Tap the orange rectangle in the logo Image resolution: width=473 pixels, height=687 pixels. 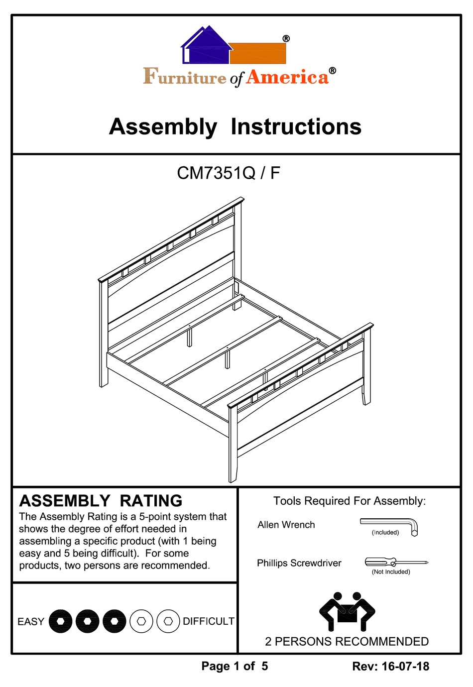[258, 53]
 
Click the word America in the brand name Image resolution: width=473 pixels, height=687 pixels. [287, 77]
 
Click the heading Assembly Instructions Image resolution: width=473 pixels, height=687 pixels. [235, 126]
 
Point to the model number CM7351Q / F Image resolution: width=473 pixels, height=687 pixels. [229, 173]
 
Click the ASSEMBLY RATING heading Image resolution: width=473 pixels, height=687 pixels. [101, 500]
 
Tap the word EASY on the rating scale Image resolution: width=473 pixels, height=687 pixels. [31, 621]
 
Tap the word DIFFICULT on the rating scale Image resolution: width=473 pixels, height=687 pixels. [208, 621]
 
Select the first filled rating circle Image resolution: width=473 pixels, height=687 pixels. [61, 621]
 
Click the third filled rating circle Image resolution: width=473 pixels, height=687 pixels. [114, 621]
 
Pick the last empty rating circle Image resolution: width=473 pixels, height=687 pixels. [168, 621]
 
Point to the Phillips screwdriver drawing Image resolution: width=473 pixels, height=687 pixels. [396, 562]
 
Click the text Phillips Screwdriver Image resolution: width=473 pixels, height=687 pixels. [299, 563]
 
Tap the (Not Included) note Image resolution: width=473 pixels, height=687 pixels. [391, 572]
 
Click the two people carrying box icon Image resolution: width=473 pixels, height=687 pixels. [347, 612]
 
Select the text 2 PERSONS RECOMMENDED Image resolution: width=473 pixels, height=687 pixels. [347, 641]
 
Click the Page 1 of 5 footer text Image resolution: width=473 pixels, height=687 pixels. [235, 666]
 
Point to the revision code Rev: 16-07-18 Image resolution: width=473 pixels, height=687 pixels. [390, 666]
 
